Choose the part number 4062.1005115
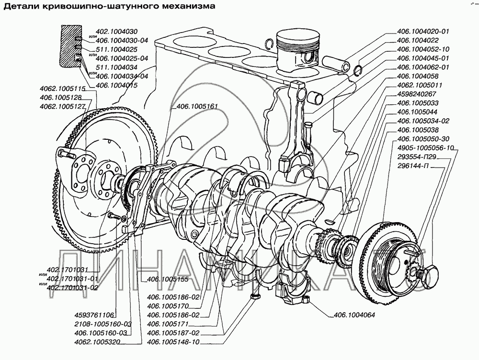tap(62, 89)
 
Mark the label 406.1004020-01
tap(423, 32)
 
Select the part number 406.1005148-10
tap(173, 342)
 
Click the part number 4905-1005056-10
tap(424, 148)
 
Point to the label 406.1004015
tap(117, 85)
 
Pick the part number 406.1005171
tap(168, 324)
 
